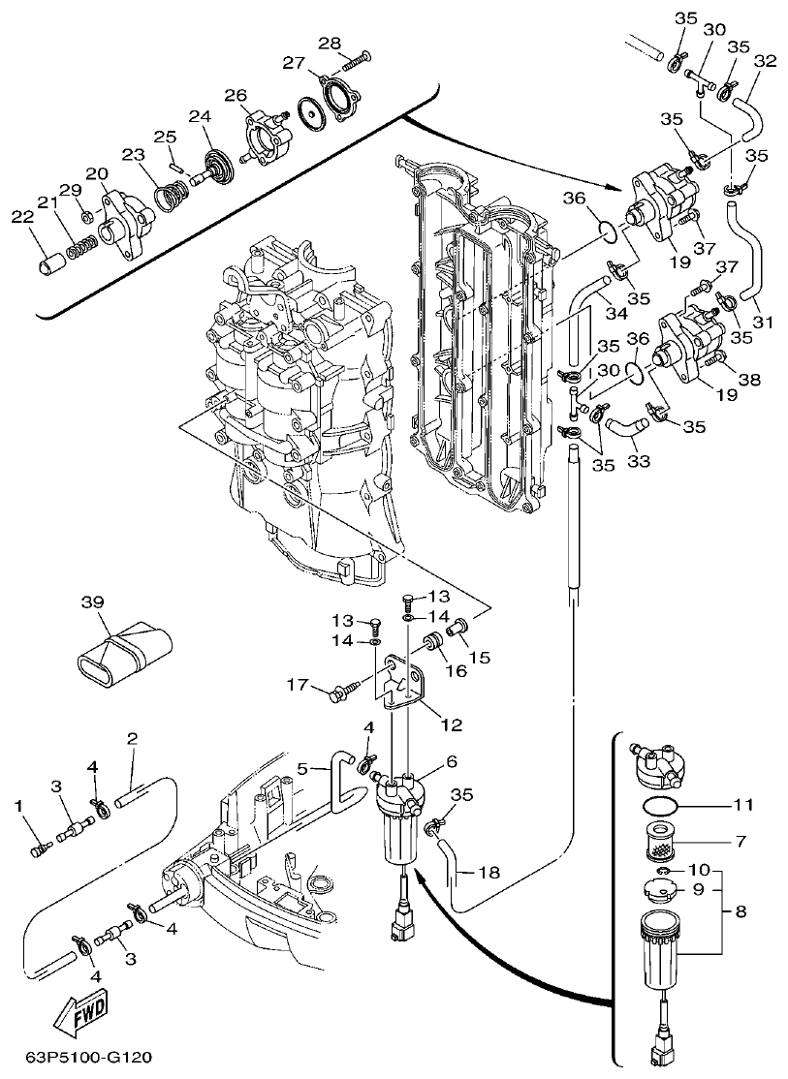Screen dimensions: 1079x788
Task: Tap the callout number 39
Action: [x=92, y=604]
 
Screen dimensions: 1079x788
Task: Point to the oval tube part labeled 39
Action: [x=122, y=651]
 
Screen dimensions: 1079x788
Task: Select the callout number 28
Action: [x=330, y=43]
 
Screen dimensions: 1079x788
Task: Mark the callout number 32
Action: [x=765, y=60]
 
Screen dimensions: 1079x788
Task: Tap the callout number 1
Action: [x=18, y=805]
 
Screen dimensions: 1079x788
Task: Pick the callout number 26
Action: [x=236, y=95]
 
